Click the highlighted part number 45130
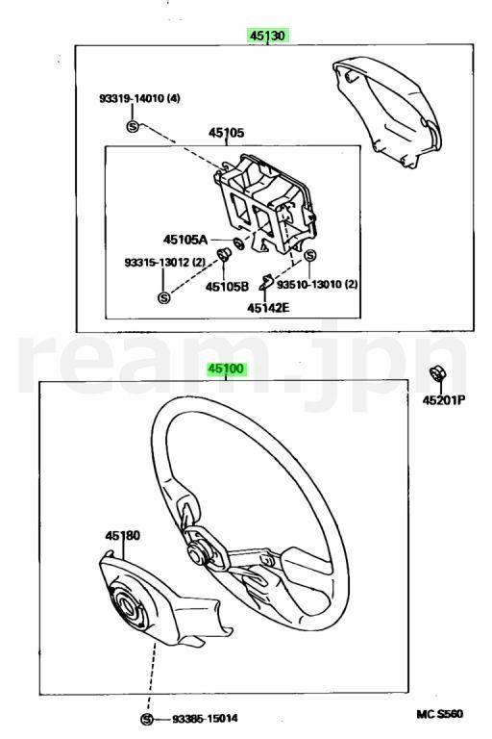[267, 36]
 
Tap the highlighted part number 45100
[227, 369]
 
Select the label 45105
[227, 133]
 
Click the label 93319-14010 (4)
[139, 98]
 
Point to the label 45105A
[185, 240]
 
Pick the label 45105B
[227, 286]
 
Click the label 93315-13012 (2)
[164, 262]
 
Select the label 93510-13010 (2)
[317, 284]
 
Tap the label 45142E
[268, 308]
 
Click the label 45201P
[444, 400]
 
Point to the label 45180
[122, 535]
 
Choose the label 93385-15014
[205, 718]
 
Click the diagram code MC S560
[439, 714]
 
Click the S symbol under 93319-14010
[133, 126]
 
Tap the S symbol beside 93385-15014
[147, 719]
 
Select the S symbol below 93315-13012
[163, 297]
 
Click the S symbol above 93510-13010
[309, 255]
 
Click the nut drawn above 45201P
[437, 374]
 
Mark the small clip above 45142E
[266, 282]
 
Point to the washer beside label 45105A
[238, 244]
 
